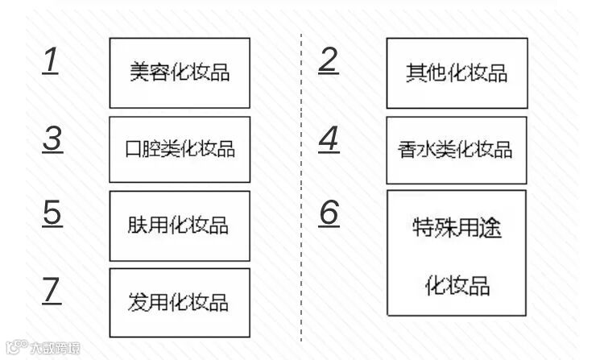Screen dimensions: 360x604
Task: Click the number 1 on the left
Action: point(51,61)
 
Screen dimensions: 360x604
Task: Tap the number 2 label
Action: point(328,60)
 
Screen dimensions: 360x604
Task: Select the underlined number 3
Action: point(52,139)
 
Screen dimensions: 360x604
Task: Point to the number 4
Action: point(329,139)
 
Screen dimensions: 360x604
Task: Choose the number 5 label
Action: point(52,213)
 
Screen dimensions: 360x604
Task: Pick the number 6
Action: point(329,213)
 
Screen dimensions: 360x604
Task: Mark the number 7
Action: point(52,291)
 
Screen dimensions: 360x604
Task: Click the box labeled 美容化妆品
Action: point(180,72)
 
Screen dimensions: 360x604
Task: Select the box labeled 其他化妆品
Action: point(457,73)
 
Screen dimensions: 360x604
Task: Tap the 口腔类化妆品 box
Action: point(180,150)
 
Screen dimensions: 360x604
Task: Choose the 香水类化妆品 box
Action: point(456,150)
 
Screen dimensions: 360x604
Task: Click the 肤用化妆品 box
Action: point(180,225)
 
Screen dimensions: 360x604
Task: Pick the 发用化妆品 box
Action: point(180,302)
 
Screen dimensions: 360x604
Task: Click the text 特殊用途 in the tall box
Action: point(456,228)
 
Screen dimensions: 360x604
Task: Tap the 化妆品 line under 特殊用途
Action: point(456,285)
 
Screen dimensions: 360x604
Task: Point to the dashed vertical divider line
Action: point(301,185)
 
